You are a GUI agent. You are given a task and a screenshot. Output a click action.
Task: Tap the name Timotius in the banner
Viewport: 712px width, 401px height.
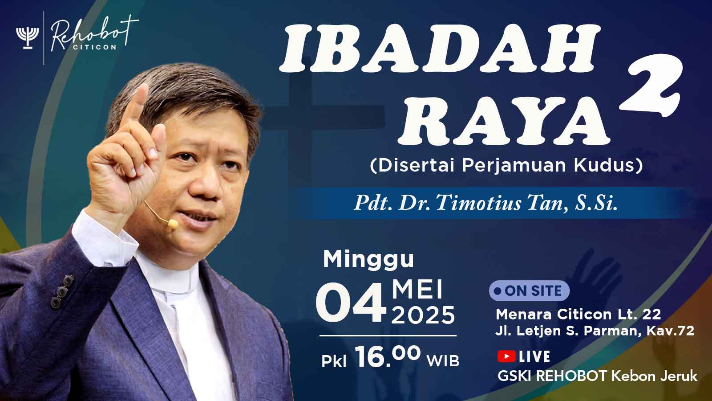pos(479,203)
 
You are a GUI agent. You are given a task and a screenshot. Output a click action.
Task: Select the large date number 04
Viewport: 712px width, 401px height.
pos(351,303)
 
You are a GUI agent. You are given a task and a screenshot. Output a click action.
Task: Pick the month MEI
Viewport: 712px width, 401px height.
pos(417,290)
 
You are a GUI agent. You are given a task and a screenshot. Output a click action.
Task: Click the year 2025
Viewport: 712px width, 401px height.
pos(423,315)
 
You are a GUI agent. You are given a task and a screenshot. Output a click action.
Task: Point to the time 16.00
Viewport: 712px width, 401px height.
pos(388,357)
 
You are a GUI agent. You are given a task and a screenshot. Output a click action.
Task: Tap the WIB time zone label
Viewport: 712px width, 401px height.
pos(443,361)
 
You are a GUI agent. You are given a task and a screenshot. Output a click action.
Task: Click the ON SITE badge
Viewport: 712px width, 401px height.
pos(529,291)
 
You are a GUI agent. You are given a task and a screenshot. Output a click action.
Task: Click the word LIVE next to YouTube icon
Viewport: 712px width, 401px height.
pos(534,356)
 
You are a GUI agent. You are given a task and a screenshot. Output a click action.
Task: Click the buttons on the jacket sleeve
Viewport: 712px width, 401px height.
pos(62,291)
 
